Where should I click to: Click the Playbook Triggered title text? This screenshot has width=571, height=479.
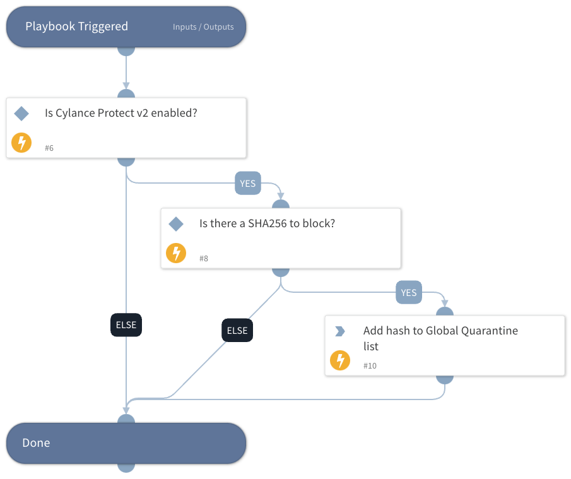pos(76,27)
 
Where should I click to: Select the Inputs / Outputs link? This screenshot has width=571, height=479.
pos(203,27)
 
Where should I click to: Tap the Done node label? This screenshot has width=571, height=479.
pos(36,443)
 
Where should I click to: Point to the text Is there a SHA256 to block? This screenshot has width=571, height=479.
pos(267,223)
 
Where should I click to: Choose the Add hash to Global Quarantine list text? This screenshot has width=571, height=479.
pos(440,338)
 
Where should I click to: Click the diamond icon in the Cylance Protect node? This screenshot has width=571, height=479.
pos(21,114)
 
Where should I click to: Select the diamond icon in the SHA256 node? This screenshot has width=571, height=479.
pos(176,223)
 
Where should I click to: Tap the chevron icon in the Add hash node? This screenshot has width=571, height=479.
pos(340,331)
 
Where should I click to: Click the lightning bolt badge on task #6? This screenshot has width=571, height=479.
pos(21,143)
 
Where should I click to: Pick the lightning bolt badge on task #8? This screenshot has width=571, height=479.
pos(176,253)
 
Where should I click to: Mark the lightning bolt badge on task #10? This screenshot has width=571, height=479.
pos(340,360)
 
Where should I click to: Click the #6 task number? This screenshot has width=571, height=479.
pos(49,148)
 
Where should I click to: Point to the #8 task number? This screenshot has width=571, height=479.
pos(204,258)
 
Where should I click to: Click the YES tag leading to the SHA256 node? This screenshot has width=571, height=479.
pos(248,183)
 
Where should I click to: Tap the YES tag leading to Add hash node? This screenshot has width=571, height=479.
pos(409,293)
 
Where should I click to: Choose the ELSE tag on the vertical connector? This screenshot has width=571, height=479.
pos(126,325)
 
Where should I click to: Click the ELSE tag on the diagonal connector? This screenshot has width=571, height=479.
pos(237,330)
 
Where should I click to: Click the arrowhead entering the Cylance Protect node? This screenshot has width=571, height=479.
pos(126,86)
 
